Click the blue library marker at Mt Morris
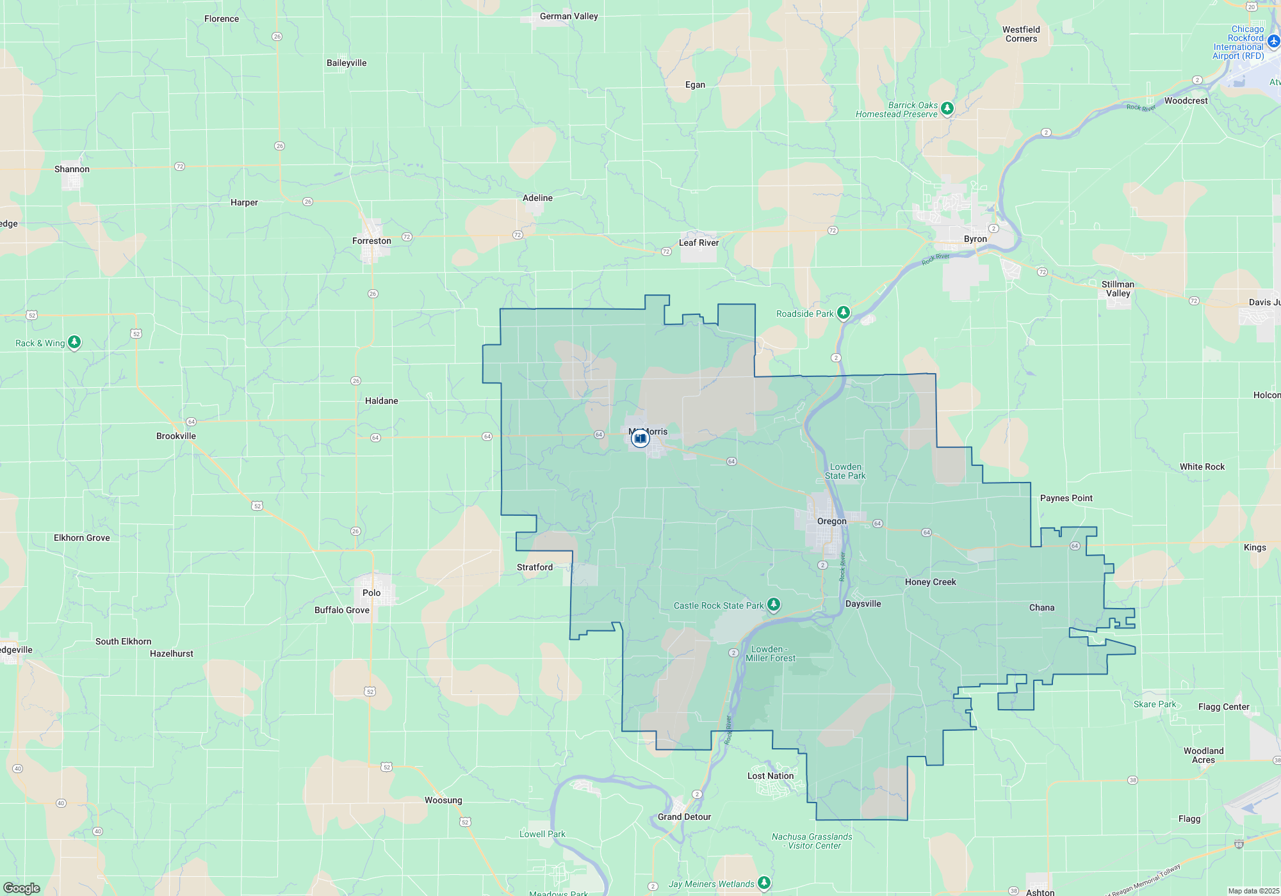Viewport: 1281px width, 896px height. pyautogui.click(x=640, y=438)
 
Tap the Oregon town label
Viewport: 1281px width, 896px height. pyautogui.click(x=831, y=521)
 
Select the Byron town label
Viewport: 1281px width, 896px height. pyautogui.click(x=975, y=239)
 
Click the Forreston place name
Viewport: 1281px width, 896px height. pyautogui.click(x=371, y=241)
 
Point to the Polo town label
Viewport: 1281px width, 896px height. pyautogui.click(x=371, y=593)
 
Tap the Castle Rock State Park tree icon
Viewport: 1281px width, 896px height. pyautogui.click(x=774, y=604)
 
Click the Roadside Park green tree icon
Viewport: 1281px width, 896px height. pyautogui.click(x=844, y=312)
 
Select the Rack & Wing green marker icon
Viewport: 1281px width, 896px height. pyautogui.click(x=74, y=342)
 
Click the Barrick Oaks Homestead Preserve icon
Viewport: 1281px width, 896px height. pyautogui.click(x=947, y=108)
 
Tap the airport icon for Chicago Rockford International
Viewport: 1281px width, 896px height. pyautogui.click(x=1273, y=42)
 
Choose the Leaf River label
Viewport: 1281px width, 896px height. pyautogui.click(x=699, y=243)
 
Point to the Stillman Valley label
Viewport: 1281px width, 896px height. pyautogui.click(x=1118, y=289)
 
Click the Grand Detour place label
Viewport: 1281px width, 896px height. pyautogui.click(x=684, y=817)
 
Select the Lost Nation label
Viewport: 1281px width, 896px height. pyautogui.click(x=771, y=776)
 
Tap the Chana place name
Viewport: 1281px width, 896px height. pyautogui.click(x=1041, y=607)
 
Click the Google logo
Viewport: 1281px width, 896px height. pyautogui.click(x=22, y=888)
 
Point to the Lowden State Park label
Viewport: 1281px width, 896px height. pyautogui.click(x=845, y=471)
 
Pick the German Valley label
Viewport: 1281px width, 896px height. pyautogui.click(x=569, y=16)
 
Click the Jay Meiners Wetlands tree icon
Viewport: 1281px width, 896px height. pyautogui.click(x=763, y=883)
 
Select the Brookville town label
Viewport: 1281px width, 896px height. pyautogui.click(x=176, y=436)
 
